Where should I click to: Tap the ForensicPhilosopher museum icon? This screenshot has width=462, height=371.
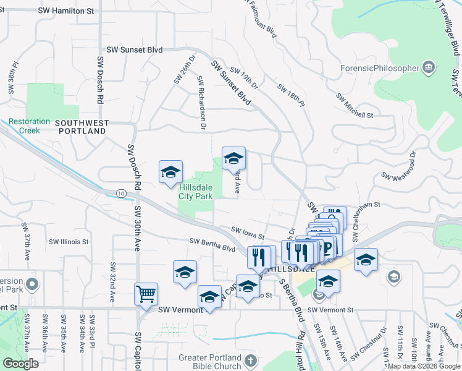pyautogui.click(x=429, y=68)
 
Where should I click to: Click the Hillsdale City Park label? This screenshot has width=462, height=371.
pyautogui.click(x=196, y=192)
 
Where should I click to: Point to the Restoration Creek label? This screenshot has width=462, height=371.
pyautogui.click(x=29, y=126)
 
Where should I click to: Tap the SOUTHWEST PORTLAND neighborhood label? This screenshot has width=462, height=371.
pyautogui.click(x=81, y=127)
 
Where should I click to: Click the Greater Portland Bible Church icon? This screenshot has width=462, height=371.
pyautogui.click(x=251, y=360)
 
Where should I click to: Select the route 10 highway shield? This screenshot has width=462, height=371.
pyautogui.click(x=121, y=194)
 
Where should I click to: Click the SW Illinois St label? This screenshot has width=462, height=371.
pyautogui.click(x=69, y=242)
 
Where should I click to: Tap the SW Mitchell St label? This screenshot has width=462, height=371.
pyautogui.click(x=355, y=106)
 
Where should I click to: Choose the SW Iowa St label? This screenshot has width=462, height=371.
pyautogui.click(x=248, y=233)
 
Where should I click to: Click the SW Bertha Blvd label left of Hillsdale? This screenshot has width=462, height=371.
pyautogui.click(x=213, y=245)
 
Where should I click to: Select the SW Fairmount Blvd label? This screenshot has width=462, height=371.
pyautogui.click(x=263, y=19)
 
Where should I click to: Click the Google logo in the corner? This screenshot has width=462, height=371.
pyautogui.click(x=20, y=364)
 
